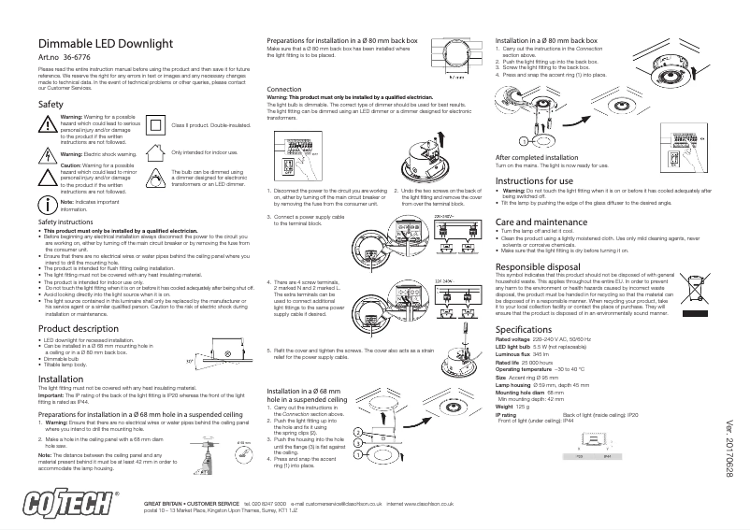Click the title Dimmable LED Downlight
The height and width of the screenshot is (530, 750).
(x=103, y=45)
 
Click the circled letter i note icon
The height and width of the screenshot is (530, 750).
(x=47, y=230)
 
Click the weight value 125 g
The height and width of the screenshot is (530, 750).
(x=524, y=408)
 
